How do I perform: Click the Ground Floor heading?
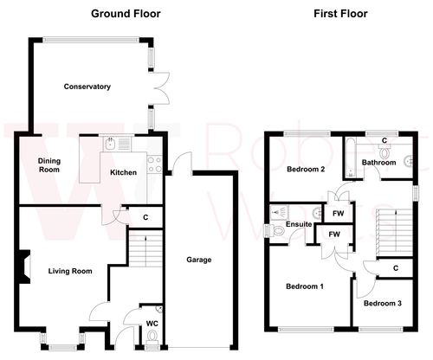126,14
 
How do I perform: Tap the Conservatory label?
87,87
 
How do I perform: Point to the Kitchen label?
122,172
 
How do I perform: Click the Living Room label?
70,271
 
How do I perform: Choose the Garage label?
199,260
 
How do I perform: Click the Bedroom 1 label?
304,286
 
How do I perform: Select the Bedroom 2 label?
305,170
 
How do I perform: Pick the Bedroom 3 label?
382,303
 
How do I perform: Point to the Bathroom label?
379,163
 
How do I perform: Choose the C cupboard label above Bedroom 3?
394,268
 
